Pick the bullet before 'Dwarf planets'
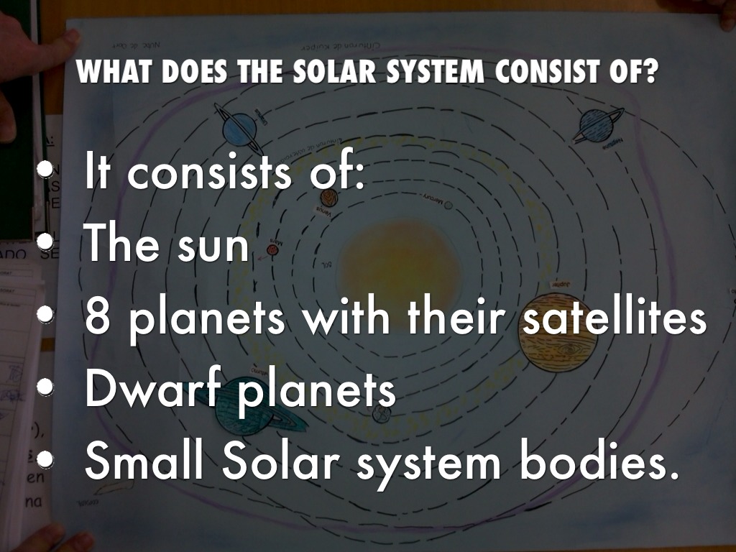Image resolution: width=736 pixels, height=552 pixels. [47, 387]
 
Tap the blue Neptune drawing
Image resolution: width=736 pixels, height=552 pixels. [595, 125]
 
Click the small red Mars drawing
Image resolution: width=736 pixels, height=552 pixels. [272, 249]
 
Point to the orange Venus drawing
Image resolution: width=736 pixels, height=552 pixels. [328, 198]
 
